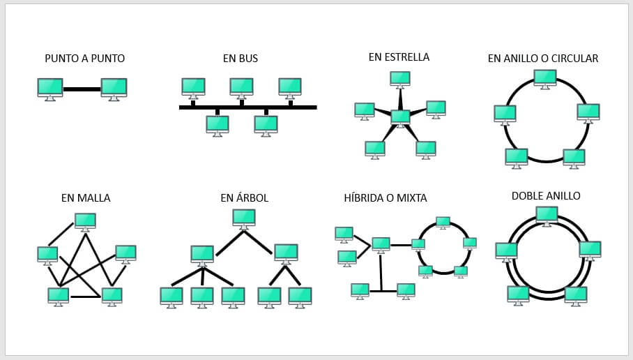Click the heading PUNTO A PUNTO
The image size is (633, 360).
click(x=84, y=59)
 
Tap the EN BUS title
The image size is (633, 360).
click(x=241, y=59)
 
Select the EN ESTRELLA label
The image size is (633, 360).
click(x=399, y=57)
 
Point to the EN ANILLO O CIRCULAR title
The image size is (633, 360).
click(x=542, y=59)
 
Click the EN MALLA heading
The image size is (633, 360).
click(x=86, y=198)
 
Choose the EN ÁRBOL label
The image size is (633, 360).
click(x=244, y=198)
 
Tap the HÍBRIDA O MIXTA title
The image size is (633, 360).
click(x=386, y=198)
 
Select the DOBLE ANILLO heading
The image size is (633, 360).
click(x=546, y=196)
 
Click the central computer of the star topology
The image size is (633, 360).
click(x=400, y=117)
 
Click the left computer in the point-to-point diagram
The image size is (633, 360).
click(x=50, y=88)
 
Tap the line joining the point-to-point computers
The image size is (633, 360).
click(x=82, y=89)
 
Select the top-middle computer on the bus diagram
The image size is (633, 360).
click(x=241, y=87)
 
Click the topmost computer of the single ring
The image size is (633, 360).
click(x=545, y=77)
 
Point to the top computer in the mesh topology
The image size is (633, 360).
click(x=85, y=221)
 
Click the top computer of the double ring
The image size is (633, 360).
click(x=547, y=214)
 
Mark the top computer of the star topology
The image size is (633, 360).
click(x=399, y=79)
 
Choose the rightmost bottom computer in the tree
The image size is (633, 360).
click(x=300, y=296)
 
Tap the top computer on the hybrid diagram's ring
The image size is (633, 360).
click(x=443, y=222)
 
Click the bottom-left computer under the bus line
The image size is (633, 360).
click(x=218, y=124)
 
